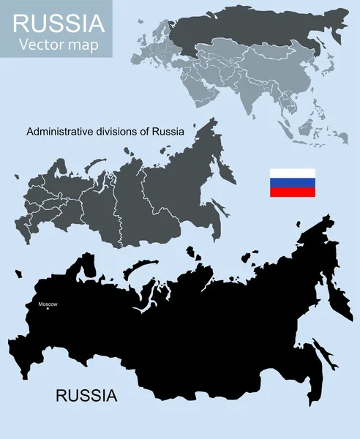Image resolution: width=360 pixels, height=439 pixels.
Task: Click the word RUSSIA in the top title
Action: pos(59,23)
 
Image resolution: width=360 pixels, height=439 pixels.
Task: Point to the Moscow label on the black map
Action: pos(48,304)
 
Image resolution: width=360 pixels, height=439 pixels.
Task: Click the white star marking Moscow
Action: pos(48,309)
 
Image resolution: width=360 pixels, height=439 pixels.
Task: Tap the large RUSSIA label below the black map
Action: pos(86,396)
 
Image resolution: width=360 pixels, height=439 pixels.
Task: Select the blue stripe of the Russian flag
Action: pos(293,182)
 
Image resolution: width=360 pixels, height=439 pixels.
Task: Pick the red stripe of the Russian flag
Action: pos(293,192)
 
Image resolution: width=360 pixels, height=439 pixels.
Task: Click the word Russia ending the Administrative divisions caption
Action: pos(168,132)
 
